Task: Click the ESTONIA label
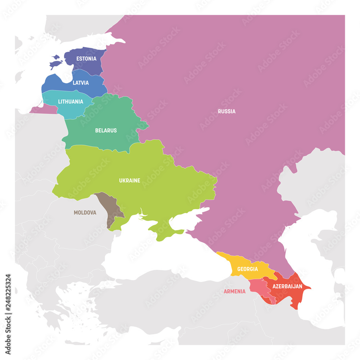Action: [x=86, y=58]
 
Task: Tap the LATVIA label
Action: [x=81, y=83]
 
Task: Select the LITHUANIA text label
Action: [x=71, y=102]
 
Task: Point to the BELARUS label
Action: [x=106, y=130]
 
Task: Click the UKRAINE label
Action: [x=130, y=180]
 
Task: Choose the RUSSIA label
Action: [x=227, y=111]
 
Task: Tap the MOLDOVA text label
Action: [x=85, y=213]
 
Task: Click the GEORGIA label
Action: [x=247, y=269]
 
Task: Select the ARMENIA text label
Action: [x=234, y=291]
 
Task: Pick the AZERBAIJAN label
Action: [x=287, y=287]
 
